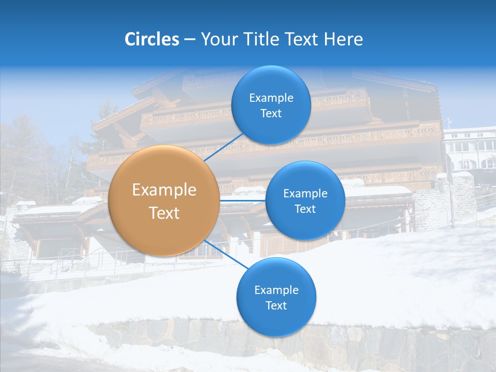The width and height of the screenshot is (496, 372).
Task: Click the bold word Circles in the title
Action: tap(151, 39)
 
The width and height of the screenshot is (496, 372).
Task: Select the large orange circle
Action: tap(164, 201)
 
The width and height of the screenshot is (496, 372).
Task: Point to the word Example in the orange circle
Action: tap(164, 190)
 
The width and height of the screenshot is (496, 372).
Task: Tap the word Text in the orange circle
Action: tap(164, 213)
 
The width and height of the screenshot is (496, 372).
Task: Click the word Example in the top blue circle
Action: tap(271, 98)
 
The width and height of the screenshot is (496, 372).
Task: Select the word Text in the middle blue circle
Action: tap(305, 209)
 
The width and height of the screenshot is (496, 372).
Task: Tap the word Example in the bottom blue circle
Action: tap(276, 290)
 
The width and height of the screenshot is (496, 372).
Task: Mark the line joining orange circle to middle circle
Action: tap(243, 200)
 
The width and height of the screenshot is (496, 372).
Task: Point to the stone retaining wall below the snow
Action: tap(289, 344)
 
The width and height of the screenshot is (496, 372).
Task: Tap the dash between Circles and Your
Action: tap(190, 39)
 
